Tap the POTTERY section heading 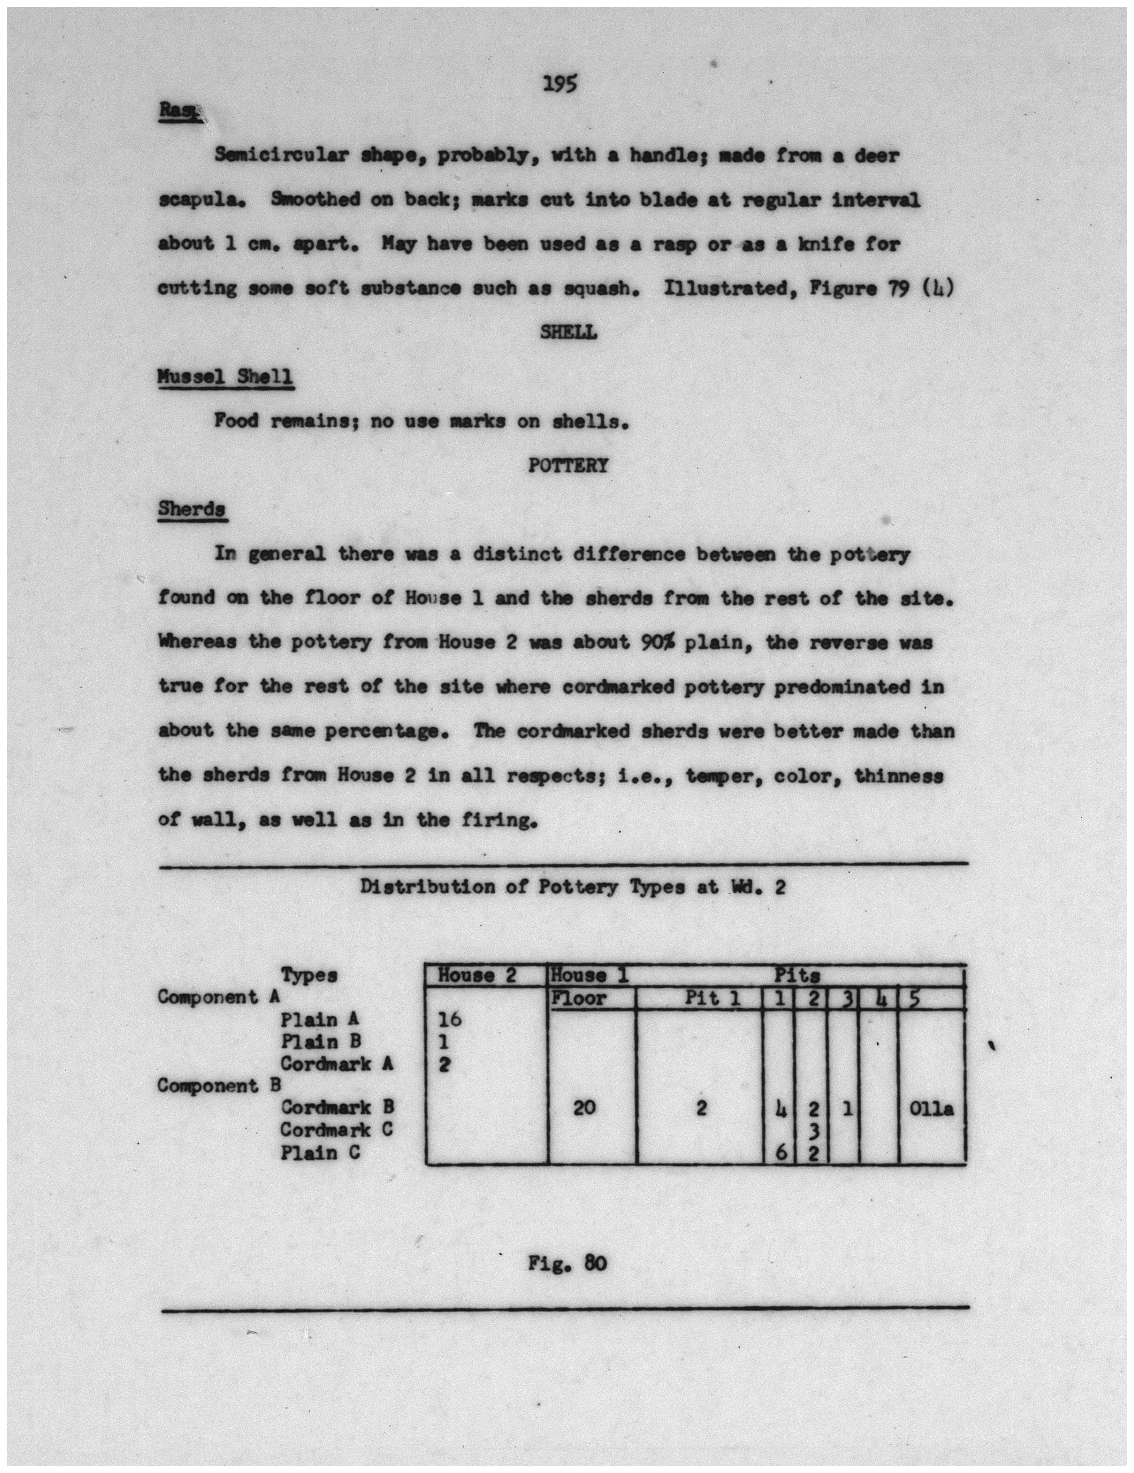tap(567, 465)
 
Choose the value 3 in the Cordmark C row tap(813, 1130)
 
